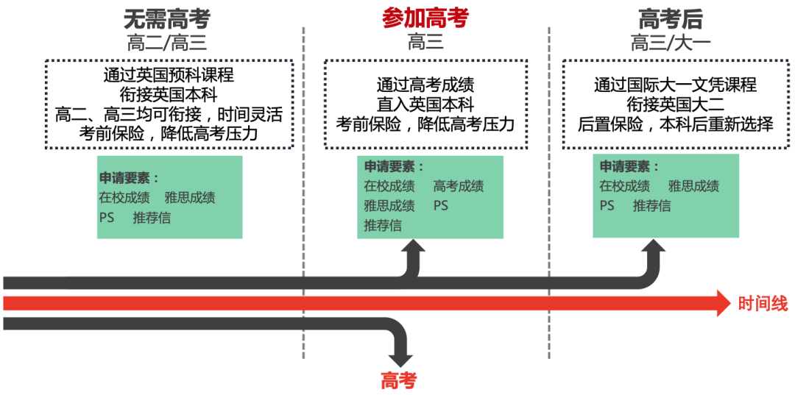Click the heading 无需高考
(x=166, y=18)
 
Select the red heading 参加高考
(x=425, y=18)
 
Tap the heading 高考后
(x=670, y=18)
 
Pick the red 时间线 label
(x=763, y=303)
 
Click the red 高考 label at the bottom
(x=398, y=380)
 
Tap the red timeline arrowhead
(x=729, y=303)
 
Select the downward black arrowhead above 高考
(x=400, y=358)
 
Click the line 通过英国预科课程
(x=169, y=75)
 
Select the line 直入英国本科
(x=425, y=104)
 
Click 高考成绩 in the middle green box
(x=459, y=186)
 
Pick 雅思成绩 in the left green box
(x=190, y=197)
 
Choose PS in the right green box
(x=607, y=205)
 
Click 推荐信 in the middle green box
(x=383, y=225)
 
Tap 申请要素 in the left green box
(x=129, y=178)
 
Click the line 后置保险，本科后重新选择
(x=675, y=124)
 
